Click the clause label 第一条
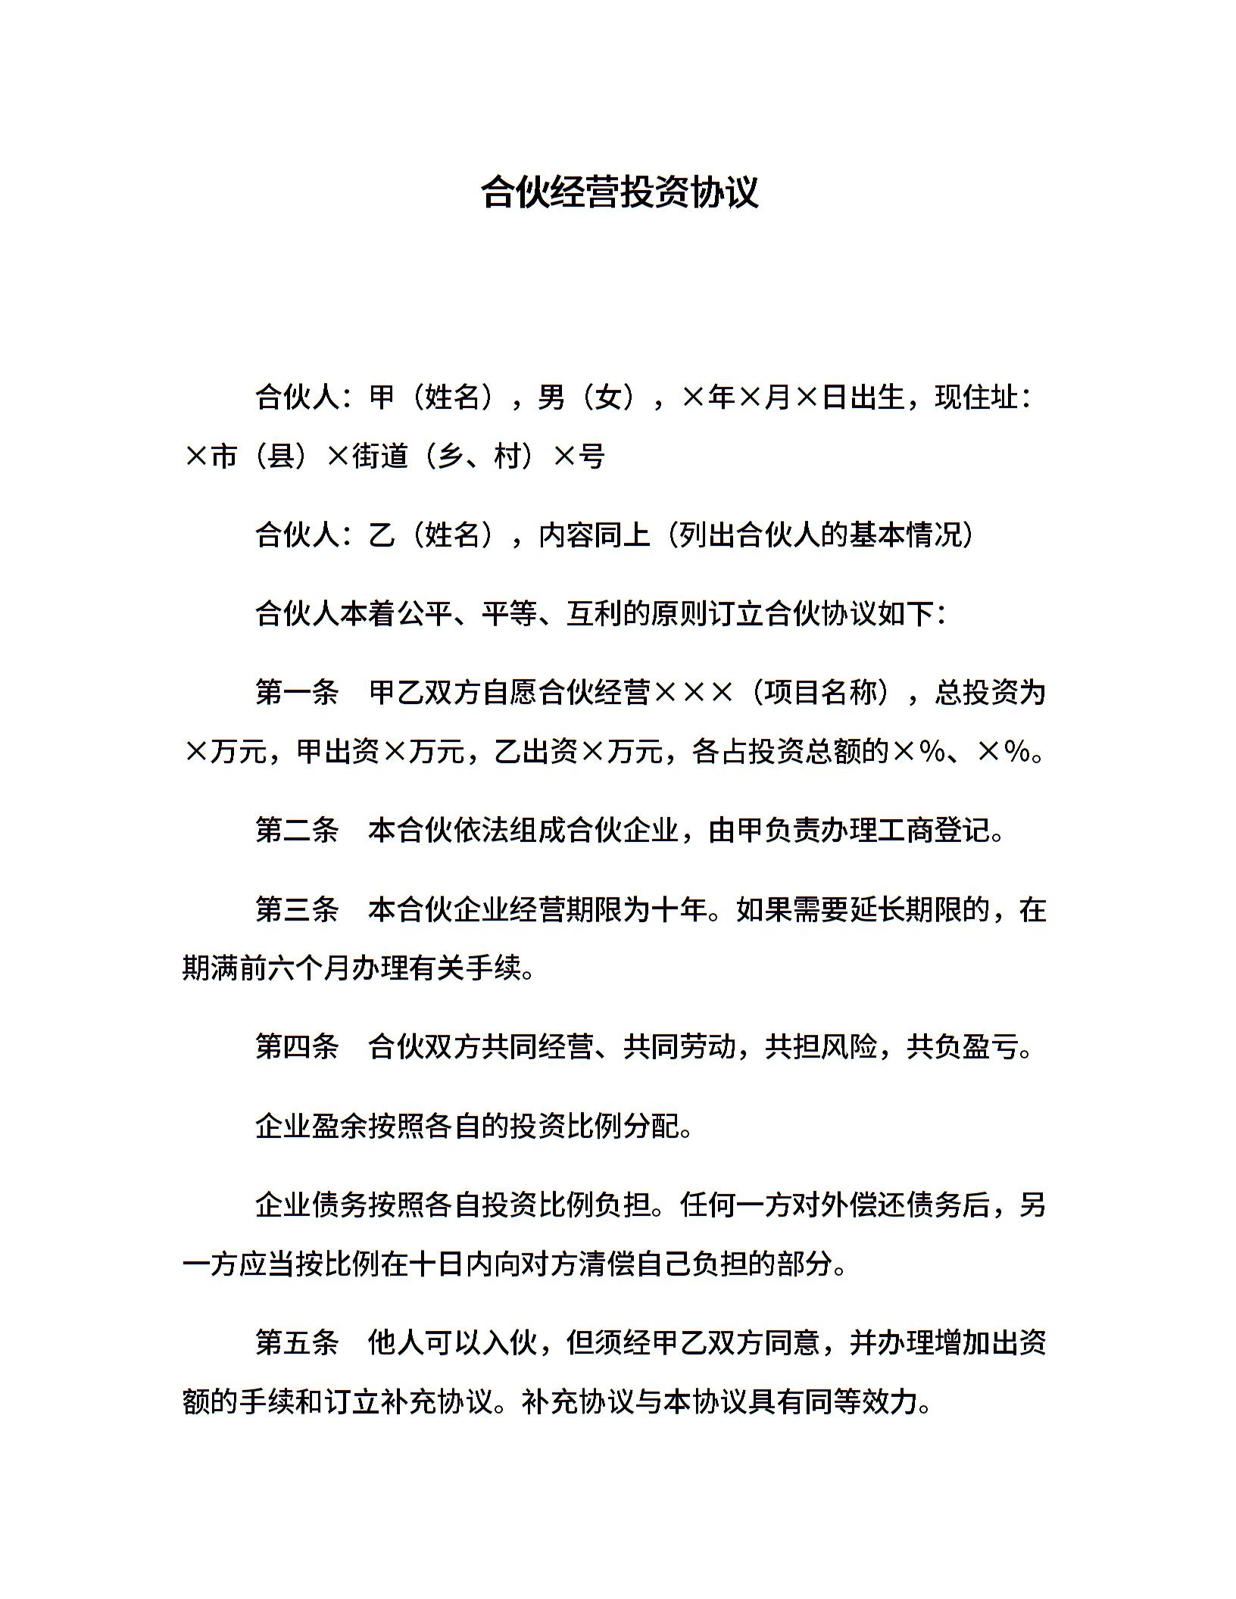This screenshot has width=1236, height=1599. pyautogui.click(x=297, y=693)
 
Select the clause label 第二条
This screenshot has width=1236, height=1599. pyautogui.click(x=297, y=831)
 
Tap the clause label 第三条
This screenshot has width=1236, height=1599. pyautogui.click(x=297, y=909)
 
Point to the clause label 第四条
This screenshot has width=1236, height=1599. pyautogui.click(x=297, y=1047)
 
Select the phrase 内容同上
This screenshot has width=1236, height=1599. pyautogui.click(x=595, y=535)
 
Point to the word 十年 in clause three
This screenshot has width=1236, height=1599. pyautogui.click(x=679, y=909)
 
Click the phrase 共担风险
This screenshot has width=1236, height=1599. pyautogui.click(x=820, y=1047)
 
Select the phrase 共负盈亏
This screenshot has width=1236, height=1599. pyautogui.click(x=962, y=1047)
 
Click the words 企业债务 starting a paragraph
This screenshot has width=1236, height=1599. pyautogui.click(x=311, y=1205)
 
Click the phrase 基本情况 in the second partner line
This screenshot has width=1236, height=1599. pyautogui.click(x=904, y=535)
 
